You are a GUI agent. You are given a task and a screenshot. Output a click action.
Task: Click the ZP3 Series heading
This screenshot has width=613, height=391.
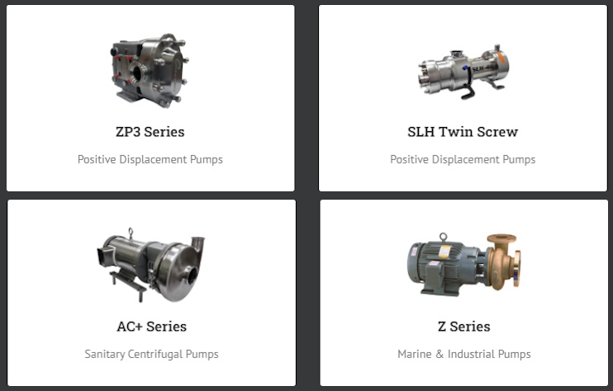pos(150,132)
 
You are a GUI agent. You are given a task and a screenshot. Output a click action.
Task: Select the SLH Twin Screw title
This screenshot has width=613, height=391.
pos(463,132)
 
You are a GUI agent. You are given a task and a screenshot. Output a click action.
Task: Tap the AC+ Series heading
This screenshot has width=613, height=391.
pos(152,327)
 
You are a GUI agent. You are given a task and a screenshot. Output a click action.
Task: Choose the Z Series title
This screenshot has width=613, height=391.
pos(464,327)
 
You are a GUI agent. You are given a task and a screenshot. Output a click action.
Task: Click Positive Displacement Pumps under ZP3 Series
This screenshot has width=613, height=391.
pos(150,159)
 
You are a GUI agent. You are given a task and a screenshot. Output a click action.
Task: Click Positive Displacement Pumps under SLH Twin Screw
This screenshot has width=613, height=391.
pos(463,159)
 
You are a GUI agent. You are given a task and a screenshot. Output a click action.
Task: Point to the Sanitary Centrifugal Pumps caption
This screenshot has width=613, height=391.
pos(152,355)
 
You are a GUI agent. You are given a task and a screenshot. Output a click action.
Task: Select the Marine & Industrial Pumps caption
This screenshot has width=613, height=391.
pos(464,355)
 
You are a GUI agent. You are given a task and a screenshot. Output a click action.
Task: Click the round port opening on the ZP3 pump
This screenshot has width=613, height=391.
pos(138,73)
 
